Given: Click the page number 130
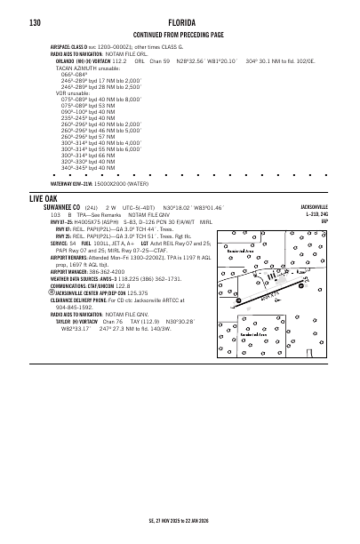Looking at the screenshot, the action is (x=36, y=21).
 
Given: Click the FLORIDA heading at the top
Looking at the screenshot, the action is (x=180, y=21).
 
